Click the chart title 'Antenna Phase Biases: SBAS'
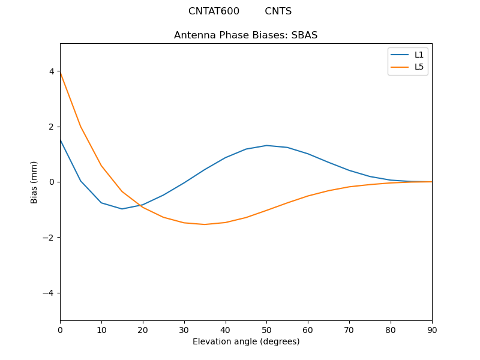point(245,35)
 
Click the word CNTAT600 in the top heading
point(214,11)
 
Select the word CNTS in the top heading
point(278,11)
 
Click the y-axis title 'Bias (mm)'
point(34,182)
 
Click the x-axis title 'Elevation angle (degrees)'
point(245,342)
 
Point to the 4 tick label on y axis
point(52,71)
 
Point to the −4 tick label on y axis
point(49,293)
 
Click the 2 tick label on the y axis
point(52,127)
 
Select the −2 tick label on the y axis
point(49,238)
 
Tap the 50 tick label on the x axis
point(266,329)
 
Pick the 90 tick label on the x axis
point(431,329)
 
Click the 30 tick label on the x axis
point(184,329)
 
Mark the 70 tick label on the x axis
point(349,329)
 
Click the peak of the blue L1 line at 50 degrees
point(266,145)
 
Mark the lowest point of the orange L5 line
point(205,224)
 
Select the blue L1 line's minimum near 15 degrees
point(122,209)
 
